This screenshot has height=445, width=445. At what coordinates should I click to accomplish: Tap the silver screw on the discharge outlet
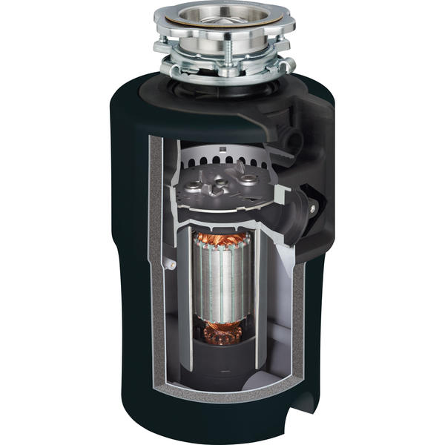click(x=312, y=211)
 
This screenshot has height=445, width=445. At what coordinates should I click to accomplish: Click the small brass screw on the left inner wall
click(x=169, y=263)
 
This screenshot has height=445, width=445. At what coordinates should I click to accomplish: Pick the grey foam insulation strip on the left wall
click(x=155, y=245)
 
